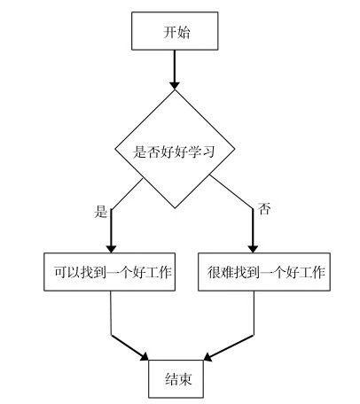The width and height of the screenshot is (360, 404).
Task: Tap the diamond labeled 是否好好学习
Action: pyautogui.click(x=175, y=151)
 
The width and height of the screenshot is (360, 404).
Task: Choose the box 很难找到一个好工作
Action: pyautogui.click(x=268, y=272)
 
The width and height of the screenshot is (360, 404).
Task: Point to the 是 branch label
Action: pyautogui.click(x=100, y=212)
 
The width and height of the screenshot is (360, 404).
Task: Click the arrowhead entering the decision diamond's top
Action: pyautogui.click(x=175, y=83)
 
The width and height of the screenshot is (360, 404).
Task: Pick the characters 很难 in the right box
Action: pyautogui.click(x=220, y=272)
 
